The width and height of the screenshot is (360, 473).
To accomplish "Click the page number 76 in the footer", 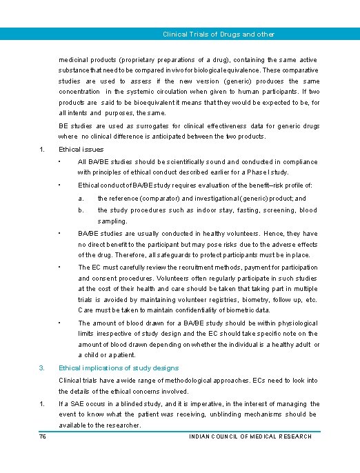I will pos(42,436).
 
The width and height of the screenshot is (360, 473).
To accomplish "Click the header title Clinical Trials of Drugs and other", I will pos(218,34).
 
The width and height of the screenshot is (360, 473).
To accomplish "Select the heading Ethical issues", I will pos(81,149).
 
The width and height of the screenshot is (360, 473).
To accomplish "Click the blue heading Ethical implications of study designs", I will pos(119,368).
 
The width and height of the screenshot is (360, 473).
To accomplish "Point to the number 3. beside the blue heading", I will pos(42,368).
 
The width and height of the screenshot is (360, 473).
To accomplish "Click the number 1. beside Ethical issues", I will pos(42,149).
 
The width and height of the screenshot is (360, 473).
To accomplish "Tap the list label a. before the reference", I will pos(81,199).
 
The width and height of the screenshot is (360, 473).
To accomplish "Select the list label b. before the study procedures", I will pos(81,210).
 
